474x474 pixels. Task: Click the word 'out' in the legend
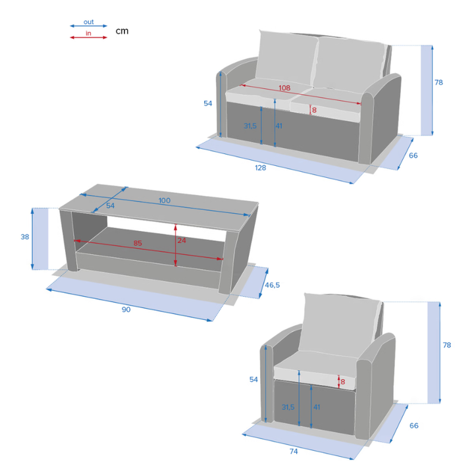89,22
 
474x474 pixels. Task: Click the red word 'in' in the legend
88,34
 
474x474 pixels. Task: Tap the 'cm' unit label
122,31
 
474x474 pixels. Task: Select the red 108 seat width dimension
284,88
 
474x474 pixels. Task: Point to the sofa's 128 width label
261,168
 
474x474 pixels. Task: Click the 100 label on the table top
165,200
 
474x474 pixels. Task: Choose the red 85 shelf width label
138,243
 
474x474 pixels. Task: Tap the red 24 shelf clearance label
182,240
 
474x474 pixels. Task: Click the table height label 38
25,237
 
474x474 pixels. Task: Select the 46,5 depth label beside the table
273,285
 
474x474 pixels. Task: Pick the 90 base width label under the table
126,309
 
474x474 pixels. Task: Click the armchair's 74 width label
294,452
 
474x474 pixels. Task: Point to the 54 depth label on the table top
111,206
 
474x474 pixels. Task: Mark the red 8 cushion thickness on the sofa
315,110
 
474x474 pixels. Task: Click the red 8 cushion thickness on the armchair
342,382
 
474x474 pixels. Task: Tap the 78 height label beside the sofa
438,82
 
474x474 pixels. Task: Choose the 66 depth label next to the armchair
414,426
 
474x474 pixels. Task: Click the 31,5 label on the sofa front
250,126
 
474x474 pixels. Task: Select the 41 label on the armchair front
317,408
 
